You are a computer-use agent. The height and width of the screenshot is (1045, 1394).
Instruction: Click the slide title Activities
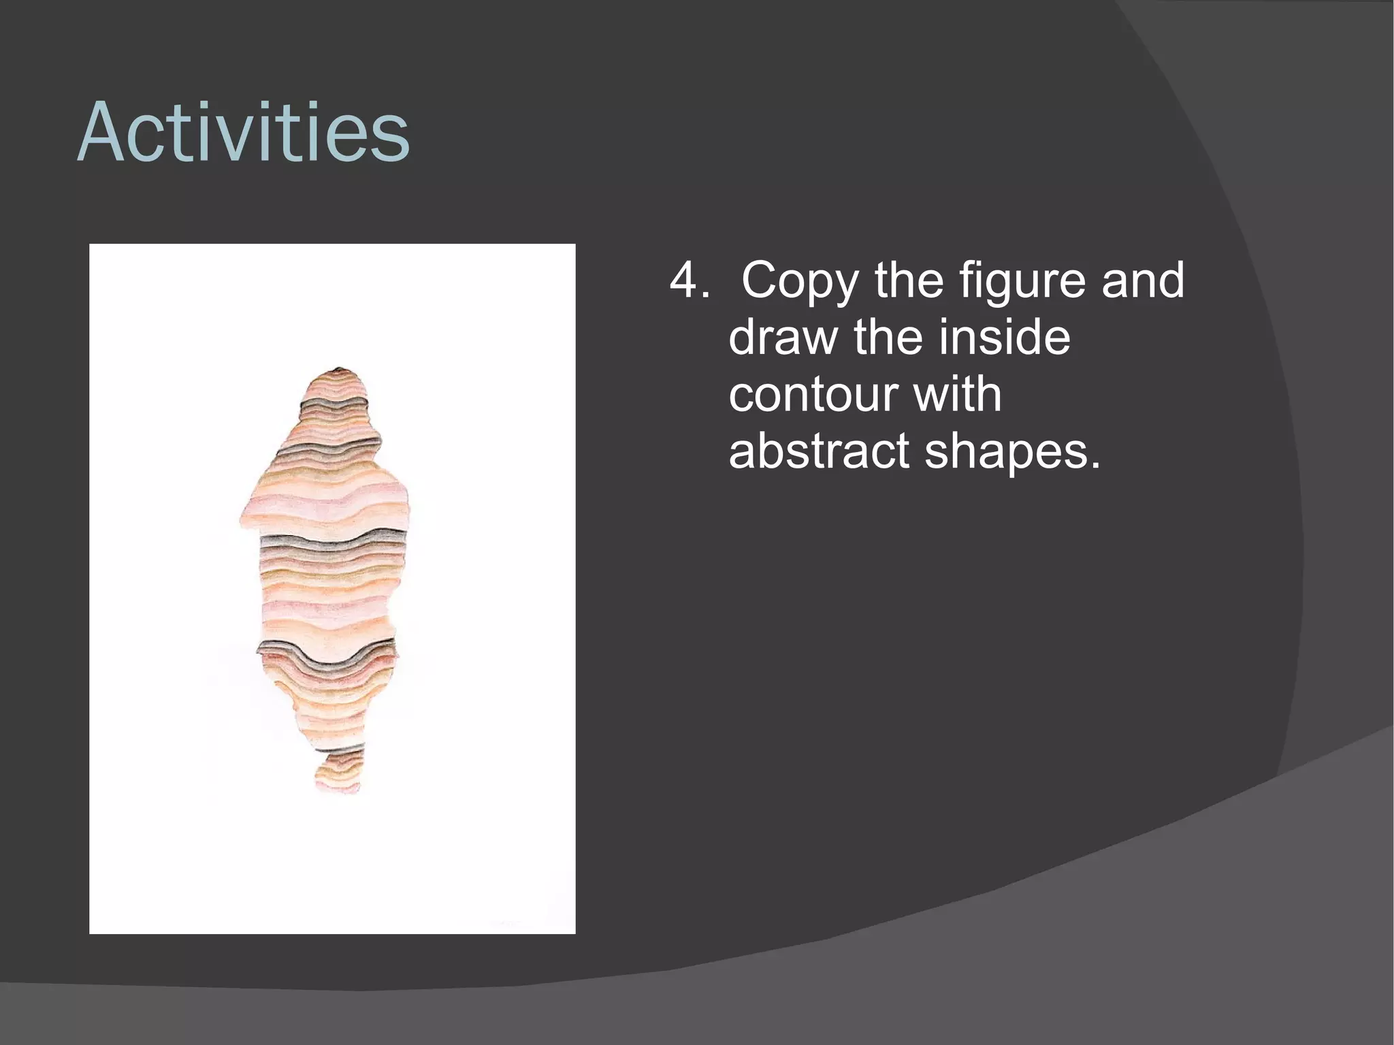243,132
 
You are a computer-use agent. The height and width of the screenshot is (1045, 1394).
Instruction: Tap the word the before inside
888,338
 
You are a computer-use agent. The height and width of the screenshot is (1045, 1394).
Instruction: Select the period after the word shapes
1095,466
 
